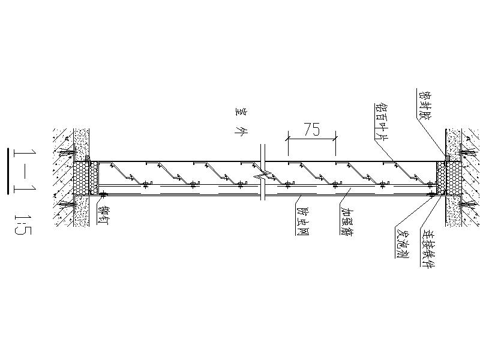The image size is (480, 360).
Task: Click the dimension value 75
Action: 311,129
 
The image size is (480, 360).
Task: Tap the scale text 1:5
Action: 22,222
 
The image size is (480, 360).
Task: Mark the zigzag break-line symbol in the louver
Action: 263,177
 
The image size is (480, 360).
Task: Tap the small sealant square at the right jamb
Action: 445,159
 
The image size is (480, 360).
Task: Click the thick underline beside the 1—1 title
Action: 8,171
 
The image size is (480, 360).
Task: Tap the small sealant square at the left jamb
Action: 88,160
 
